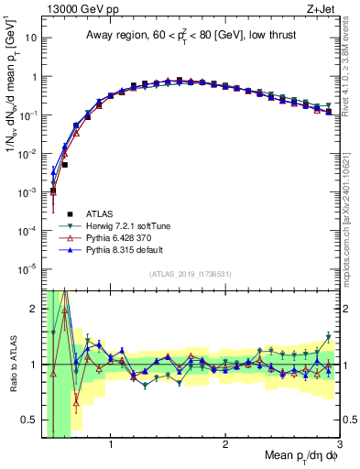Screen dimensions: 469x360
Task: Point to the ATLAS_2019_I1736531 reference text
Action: (190, 274)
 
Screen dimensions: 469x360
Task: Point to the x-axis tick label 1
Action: (111, 444)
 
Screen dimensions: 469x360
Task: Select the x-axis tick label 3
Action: (339, 444)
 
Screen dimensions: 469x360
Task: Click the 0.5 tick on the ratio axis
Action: (30, 420)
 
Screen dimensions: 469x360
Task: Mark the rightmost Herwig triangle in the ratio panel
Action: (328, 336)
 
